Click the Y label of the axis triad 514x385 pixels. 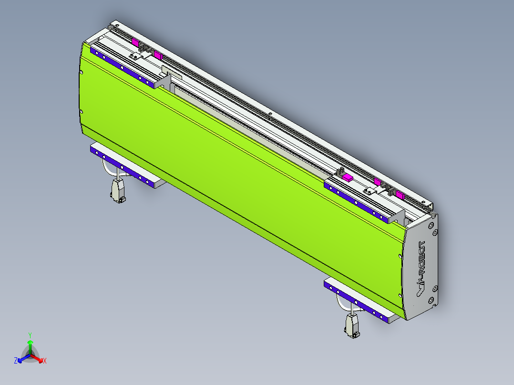click(30, 335)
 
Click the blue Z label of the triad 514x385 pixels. click(16, 361)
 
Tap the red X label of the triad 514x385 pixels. click(45, 361)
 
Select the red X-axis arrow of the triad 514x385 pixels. click(38, 358)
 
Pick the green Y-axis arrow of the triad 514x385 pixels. click(30, 345)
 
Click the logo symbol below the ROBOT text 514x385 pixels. click(420, 287)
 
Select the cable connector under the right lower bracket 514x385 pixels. click(352, 326)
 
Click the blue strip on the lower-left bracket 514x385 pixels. click(121, 165)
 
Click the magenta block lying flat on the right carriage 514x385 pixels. click(348, 177)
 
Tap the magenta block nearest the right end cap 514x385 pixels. click(399, 195)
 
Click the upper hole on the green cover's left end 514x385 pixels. click(81, 72)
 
